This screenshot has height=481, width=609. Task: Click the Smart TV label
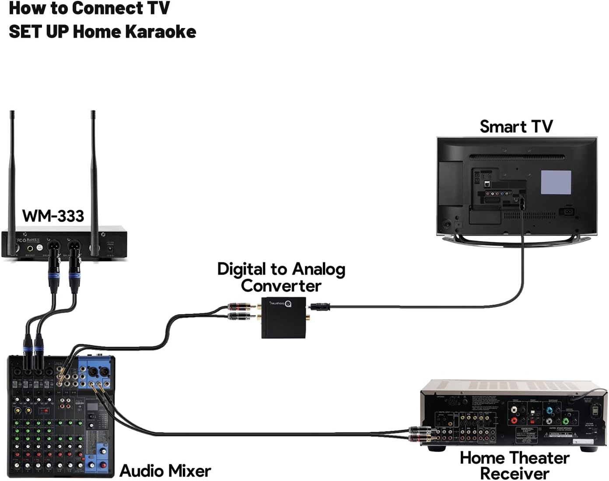[516, 127]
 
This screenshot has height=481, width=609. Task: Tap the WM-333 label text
[53, 216]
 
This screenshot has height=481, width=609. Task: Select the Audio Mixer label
[165, 471]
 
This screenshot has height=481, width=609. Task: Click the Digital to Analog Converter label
[281, 277]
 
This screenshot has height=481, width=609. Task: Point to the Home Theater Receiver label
[514, 465]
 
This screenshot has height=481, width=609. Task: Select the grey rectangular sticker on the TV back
[556, 182]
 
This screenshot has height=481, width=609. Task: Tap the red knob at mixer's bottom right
[103, 465]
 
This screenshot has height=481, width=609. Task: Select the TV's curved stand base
[516, 239]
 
